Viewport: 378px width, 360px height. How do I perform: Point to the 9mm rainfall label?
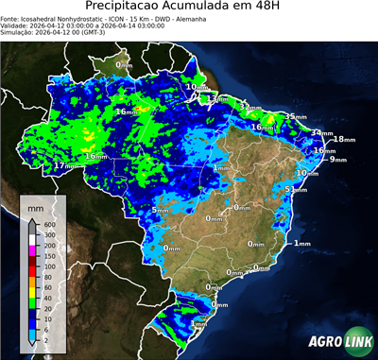337,159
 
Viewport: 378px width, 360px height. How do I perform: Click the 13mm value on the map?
218,98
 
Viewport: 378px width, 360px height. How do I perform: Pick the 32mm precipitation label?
248,107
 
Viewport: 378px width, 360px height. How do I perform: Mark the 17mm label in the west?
63,166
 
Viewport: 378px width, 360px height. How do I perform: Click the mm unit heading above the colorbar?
35,206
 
